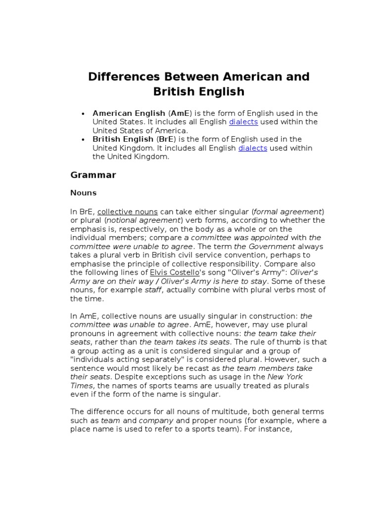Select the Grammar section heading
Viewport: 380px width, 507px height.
pyautogui.click(x=93, y=175)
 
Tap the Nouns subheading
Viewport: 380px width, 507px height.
pyautogui.click(x=83, y=193)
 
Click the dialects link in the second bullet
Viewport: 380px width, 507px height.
pyautogui.click(x=252, y=148)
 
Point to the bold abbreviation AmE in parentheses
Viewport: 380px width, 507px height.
pyautogui.click(x=181, y=113)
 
